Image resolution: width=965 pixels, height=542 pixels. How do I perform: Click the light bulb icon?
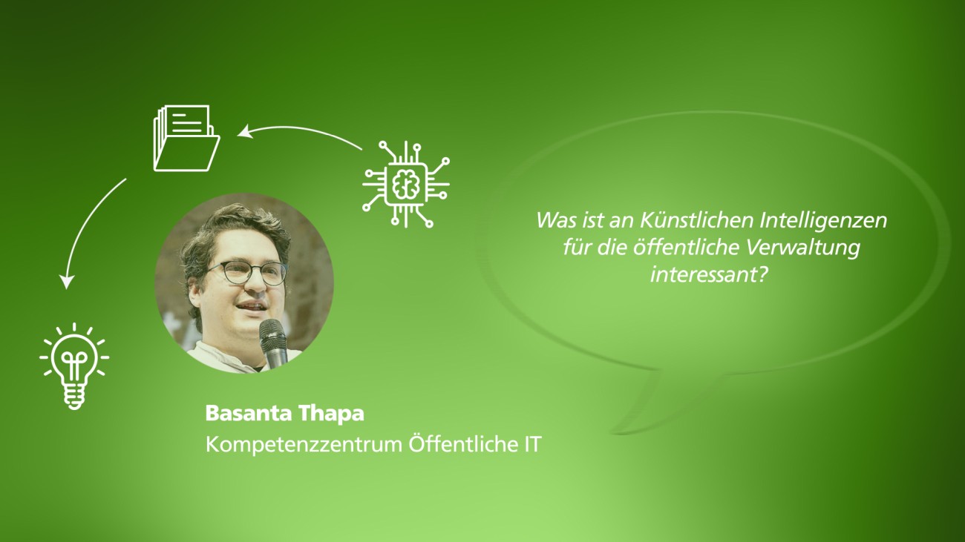74,366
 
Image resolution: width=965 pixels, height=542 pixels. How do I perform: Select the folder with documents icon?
186,138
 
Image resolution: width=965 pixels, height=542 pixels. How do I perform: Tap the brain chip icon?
405,184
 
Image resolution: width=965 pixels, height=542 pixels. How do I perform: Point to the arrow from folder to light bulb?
85,228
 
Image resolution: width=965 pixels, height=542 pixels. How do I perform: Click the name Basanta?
248,414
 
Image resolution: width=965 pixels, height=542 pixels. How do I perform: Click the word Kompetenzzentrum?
304,445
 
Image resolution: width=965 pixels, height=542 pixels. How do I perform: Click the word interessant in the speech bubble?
704,275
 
